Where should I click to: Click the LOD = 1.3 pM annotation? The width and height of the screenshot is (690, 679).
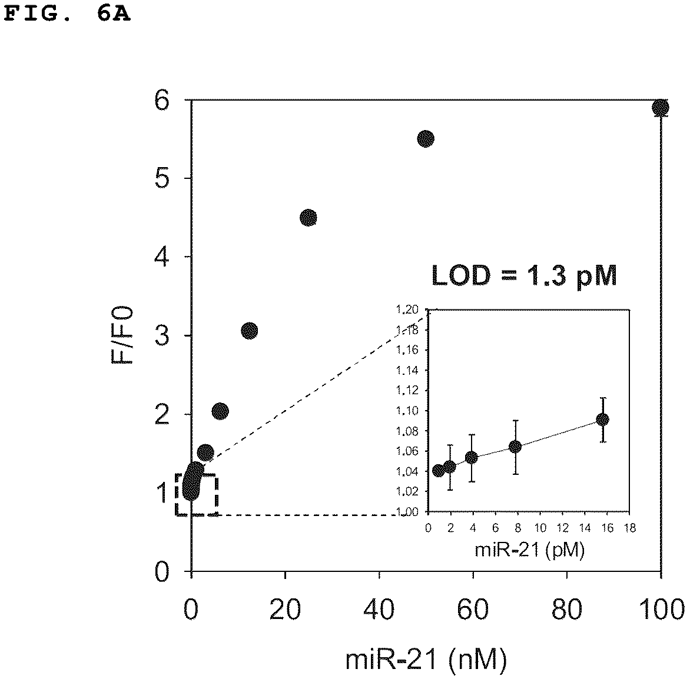pyautogui.click(x=524, y=277)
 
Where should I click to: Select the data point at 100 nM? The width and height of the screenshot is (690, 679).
pyautogui.click(x=661, y=107)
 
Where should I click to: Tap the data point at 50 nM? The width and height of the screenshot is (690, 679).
pyautogui.click(x=426, y=139)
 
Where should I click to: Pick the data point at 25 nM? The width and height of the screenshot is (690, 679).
pyautogui.click(x=308, y=218)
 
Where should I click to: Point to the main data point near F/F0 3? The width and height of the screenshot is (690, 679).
pyautogui.click(x=250, y=331)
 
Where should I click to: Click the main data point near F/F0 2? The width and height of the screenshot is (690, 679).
pyautogui.click(x=220, y=412)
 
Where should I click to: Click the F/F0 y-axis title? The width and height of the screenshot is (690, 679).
pyautogui.click(x=122, y=335)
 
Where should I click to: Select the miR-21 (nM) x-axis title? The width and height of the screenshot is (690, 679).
pyautogui.click(x=426, y=660)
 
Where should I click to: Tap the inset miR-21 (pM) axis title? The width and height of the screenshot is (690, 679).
pyautogui.click(x=529, y=550)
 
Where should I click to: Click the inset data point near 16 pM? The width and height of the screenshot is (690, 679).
pyautogui.click(x=602, y=420)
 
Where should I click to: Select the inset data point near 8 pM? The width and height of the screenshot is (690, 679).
pyautogui.click(x=515, y=447)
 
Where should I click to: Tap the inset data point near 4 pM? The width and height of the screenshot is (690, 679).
pyautogui.click(x=472, y=458)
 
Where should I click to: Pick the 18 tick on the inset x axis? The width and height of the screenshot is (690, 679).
pyautogui.click(x=630, y=528)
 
